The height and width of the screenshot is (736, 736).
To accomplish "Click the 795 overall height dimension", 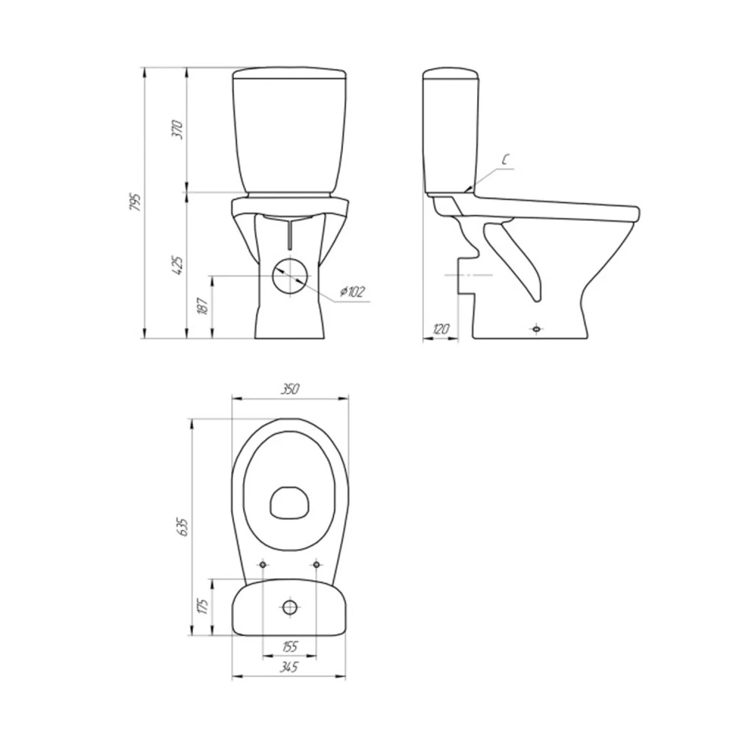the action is click(x=135, y=202).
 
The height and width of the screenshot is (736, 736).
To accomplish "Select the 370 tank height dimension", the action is click(x=177, y=130).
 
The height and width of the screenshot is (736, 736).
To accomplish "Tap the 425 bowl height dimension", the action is click(x=177, y=265).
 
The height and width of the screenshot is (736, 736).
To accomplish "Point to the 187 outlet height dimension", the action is click(x=203, y=306).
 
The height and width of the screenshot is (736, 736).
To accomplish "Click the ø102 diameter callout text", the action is click(x=352, y=292).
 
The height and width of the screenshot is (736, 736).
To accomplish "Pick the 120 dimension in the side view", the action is click(x=440, y=328).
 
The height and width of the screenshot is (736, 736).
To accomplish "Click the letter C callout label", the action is click(x=505, y=160).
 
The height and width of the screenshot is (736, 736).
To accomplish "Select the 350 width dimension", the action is click(x=290, y=389).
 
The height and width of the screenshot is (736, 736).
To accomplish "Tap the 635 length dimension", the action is click(x=183, y=527).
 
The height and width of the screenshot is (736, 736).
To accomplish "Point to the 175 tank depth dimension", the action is click(x=203, y=606).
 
